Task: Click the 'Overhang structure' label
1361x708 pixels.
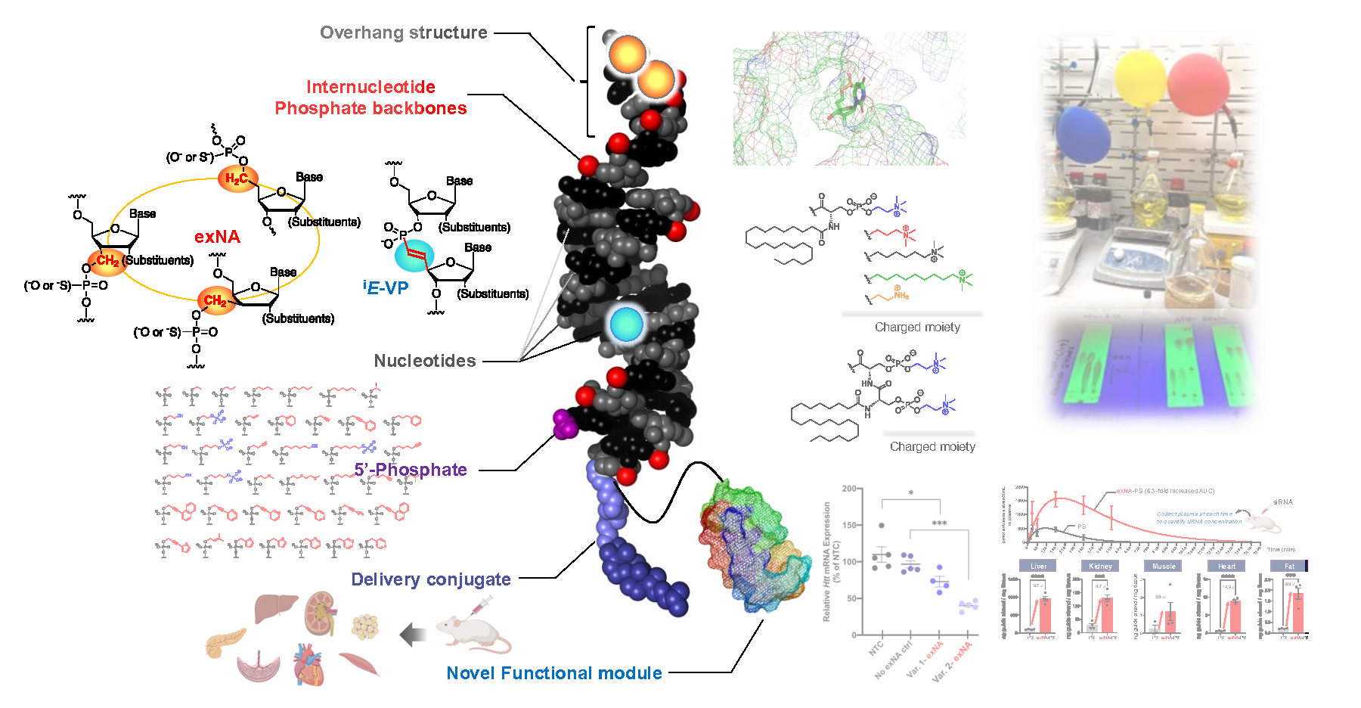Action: point(403,33)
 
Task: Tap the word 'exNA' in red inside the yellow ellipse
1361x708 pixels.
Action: point(217,237)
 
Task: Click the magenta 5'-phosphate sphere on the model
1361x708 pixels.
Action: point(564,424)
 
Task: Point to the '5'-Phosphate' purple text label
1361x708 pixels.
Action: point(411,470)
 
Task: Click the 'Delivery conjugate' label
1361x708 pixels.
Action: point(431,579)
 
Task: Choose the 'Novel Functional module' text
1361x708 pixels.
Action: point(554,673)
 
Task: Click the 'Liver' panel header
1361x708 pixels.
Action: point(1038,566)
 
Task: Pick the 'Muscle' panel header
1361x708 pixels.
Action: point(1164,566)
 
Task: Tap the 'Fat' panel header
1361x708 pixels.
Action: point(1289,566)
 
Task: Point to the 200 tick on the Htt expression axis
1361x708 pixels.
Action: point(849,489)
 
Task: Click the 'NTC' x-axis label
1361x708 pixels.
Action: point(876,649)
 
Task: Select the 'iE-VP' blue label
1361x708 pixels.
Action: point(386,287)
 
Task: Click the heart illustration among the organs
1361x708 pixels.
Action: point(308,663)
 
